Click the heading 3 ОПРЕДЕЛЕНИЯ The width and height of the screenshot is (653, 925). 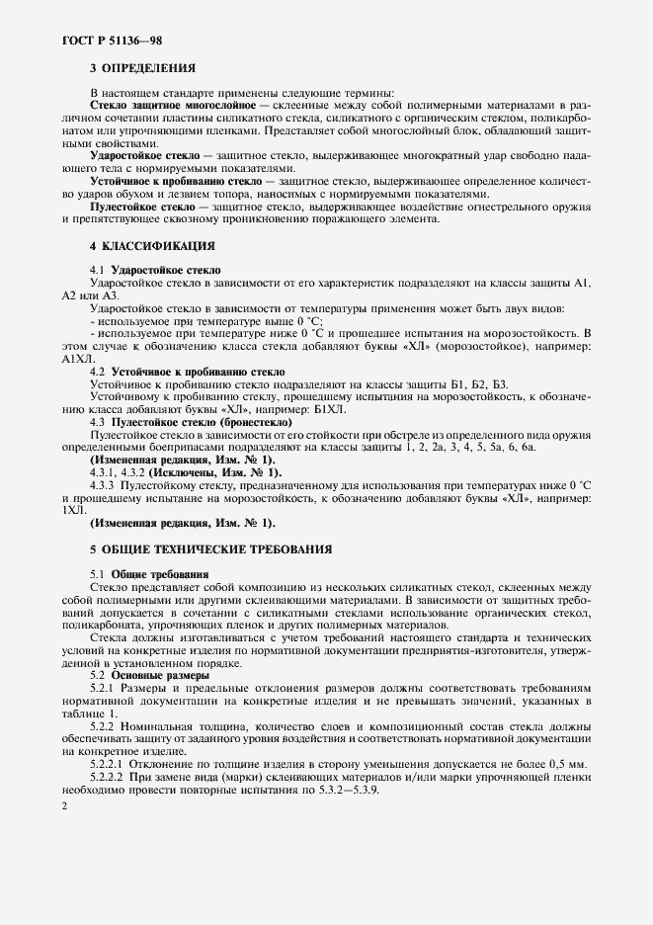pyautogui.click(x=142, y=68)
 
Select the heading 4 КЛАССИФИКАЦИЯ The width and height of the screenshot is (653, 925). pyautogui.click(x=152, y=244)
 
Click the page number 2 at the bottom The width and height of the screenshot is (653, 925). pyautogui.click(x=64, y=807)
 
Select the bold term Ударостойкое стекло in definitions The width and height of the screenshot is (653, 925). pyautogui.click(x=144, y=157)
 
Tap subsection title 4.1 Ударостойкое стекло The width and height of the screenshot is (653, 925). pyautogui.click(x=155, y=269)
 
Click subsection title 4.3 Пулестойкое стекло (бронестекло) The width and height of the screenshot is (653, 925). pyautogui.click(x=191, y=422)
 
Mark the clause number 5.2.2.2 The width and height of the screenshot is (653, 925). pyautogui.click(x=107, y=777)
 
